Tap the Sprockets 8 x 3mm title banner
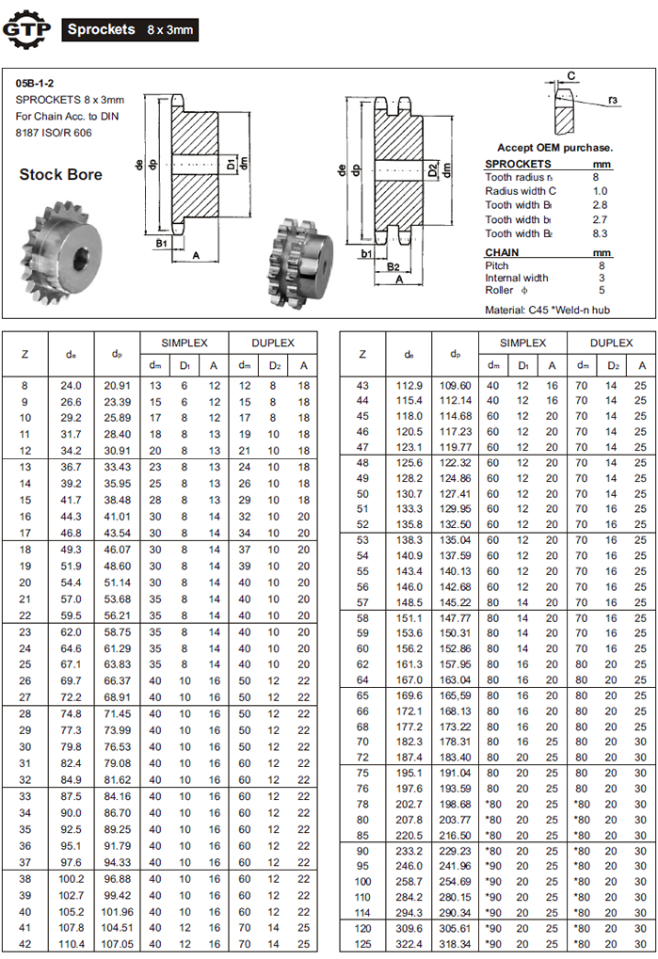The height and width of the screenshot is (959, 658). pos(130,29)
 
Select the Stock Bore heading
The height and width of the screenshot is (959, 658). pos(60,174)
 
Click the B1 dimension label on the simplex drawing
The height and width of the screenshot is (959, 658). pos(161,243)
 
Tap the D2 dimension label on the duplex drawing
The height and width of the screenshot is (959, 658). pos(433,170)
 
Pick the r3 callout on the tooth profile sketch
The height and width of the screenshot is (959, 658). pos(612,99)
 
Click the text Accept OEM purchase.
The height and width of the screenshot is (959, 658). pos(554,148)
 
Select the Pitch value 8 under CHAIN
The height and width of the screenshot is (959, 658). pos(595,265)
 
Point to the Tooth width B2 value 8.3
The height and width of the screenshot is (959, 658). pos(600,233)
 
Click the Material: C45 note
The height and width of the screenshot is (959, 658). pos(547,310)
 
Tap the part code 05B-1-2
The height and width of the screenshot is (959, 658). pos(35,83)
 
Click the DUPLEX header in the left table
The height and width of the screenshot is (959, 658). pos(273,344)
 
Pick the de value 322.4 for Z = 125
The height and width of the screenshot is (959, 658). pos(409,943)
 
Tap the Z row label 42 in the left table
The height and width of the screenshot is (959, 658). pos(25,943)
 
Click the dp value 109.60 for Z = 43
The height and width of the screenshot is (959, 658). pos(455,385)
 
